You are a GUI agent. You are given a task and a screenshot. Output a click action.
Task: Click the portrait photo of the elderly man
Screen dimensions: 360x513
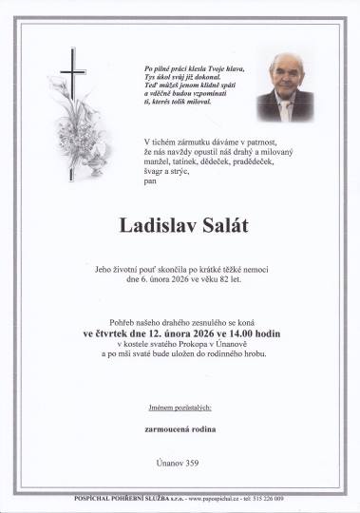[285, 86]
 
